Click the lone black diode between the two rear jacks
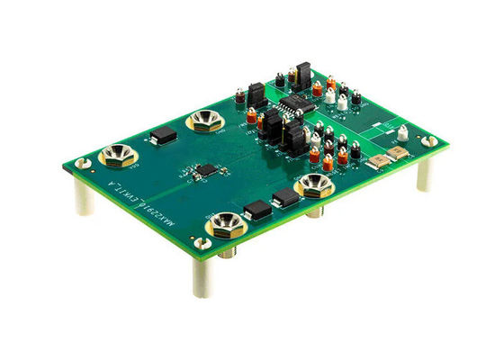pos(164,136)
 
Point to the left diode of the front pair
pos(256,211)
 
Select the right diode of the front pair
pos(285,196)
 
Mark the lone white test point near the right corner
pos(402,133)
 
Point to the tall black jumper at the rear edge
pos(304,74)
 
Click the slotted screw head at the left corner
pos(82,163)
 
